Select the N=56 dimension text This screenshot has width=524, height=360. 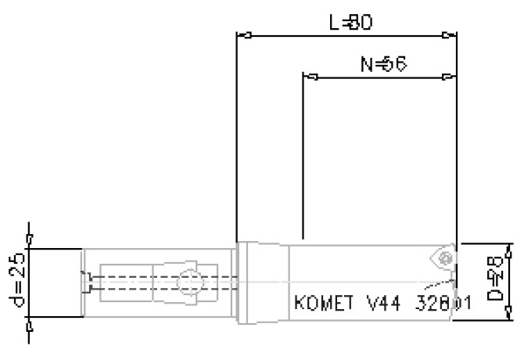(383, 64)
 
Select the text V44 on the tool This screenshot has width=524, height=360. (374, 303)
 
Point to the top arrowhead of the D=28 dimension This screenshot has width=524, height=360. (510, 248)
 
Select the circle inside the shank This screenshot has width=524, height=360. (187, 282)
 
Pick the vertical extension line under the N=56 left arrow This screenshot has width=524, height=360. (302, 157)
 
